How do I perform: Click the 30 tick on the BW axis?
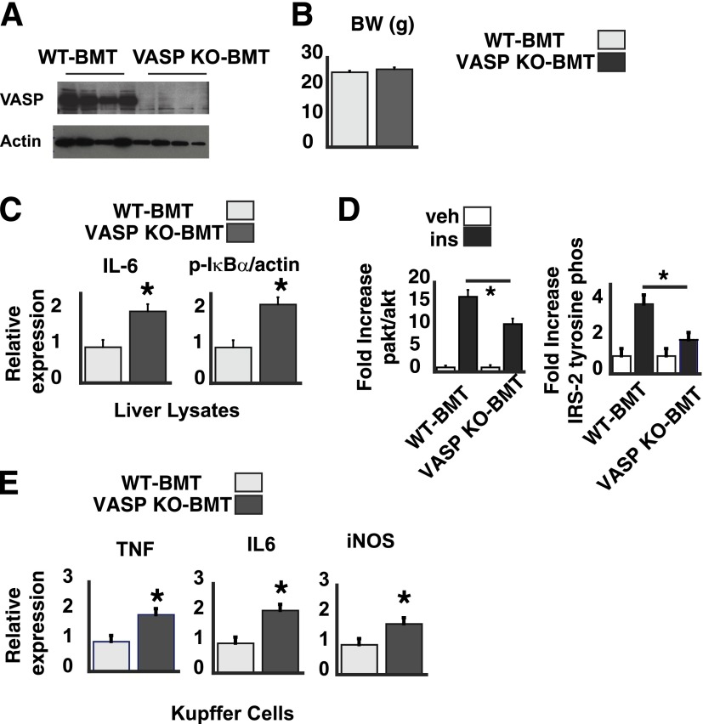[x=312, y=53]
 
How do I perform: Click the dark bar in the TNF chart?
[x=156, y=642]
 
